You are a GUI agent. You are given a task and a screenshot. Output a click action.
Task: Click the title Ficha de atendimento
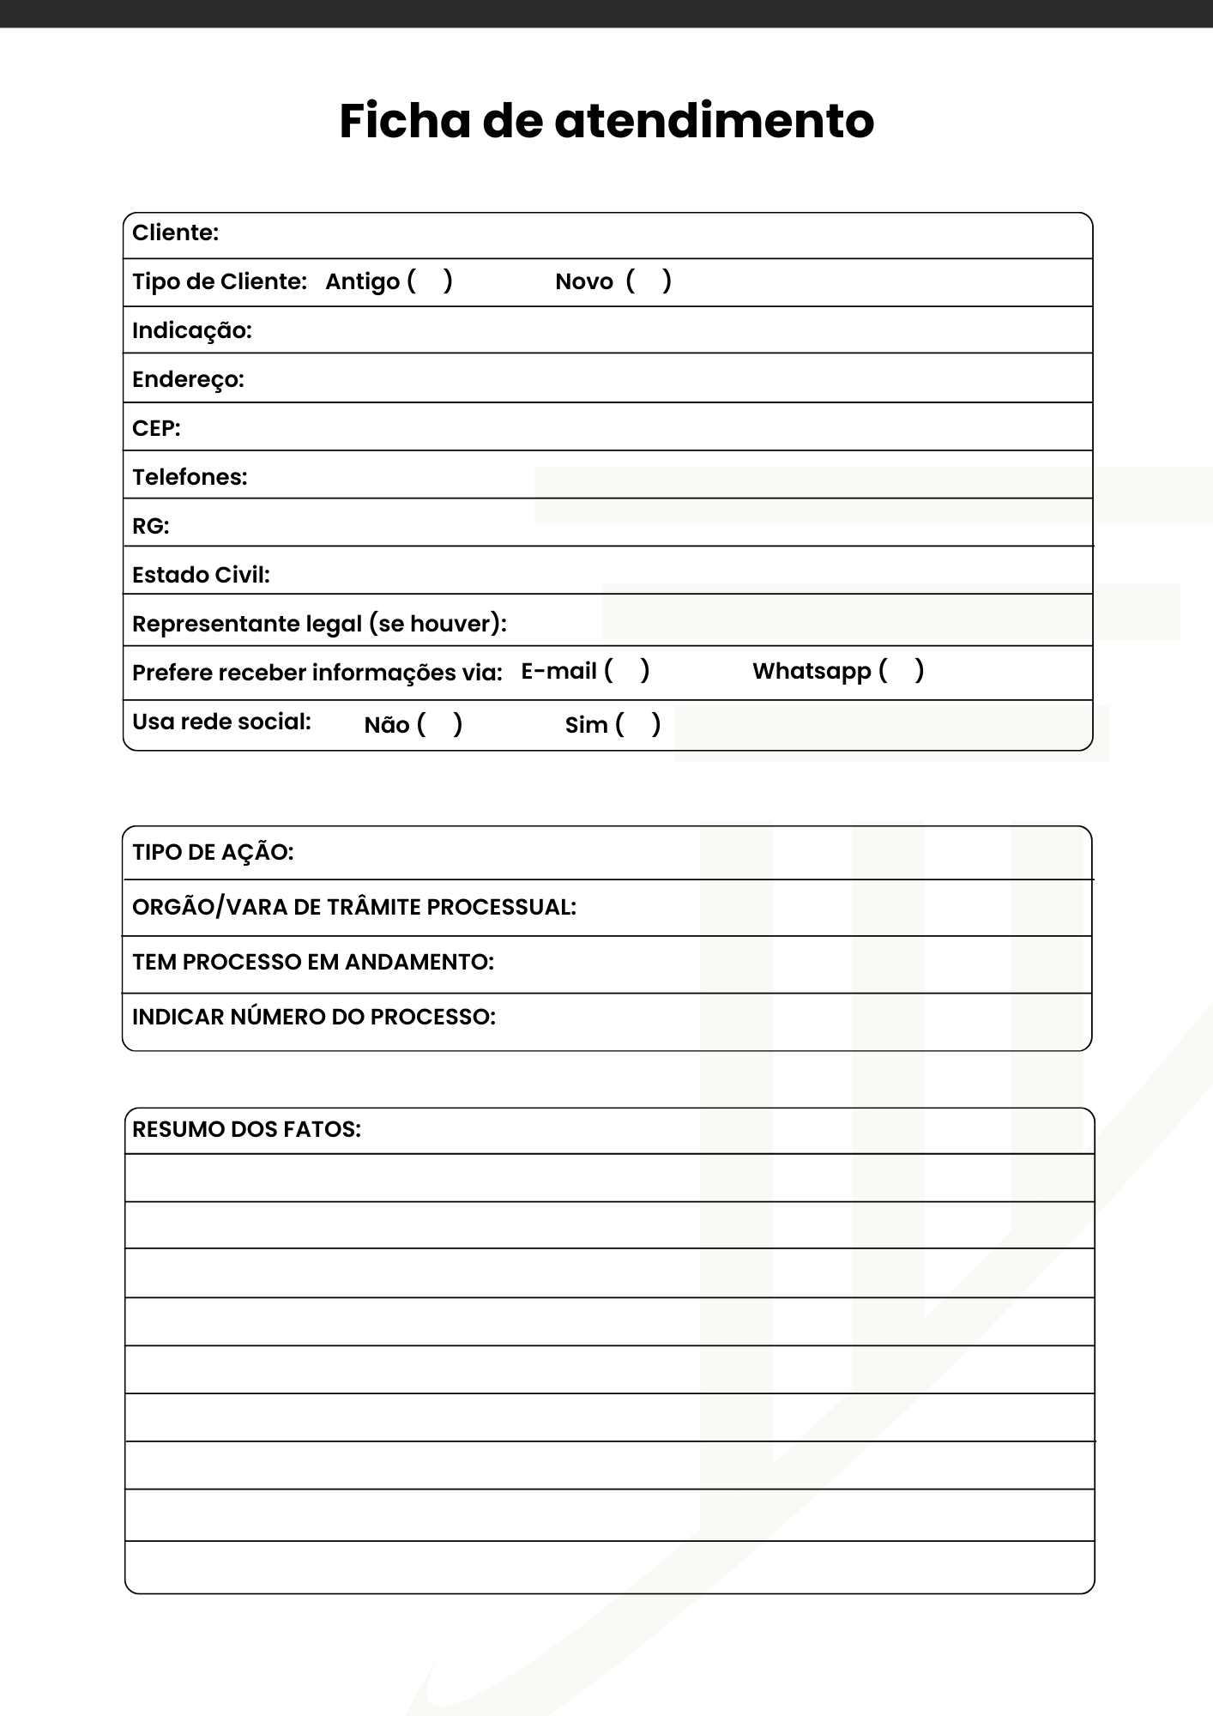(606, 120)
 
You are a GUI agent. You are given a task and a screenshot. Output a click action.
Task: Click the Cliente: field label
(175, 233)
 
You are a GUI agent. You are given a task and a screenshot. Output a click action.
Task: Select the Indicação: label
(191, 330)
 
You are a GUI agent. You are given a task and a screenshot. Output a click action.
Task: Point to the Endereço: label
(188, 379)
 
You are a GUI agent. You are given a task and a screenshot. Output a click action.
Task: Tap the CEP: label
(156, 428)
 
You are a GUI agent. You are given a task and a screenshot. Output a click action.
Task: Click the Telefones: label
(190, 477)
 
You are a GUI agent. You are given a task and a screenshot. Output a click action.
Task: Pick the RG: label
(150, 526)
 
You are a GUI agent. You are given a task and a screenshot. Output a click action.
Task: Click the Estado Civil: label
(201, 575)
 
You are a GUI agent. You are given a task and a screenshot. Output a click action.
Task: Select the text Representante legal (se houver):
(319, 624)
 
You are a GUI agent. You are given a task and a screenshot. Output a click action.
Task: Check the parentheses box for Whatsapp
(902, 670)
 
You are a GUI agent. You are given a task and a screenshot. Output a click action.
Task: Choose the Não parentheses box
(440, 724)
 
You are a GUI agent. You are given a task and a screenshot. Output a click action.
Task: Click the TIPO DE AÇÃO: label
(213, 852)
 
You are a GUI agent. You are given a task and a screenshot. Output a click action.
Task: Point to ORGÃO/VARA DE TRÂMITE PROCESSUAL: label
(353, 907)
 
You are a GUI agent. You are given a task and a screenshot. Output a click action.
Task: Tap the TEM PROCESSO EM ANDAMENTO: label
(312, 962)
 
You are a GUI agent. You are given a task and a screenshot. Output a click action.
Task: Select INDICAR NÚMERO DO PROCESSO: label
(313, 1017)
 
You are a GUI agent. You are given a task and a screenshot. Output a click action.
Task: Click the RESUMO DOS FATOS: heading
(246, 1129)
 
